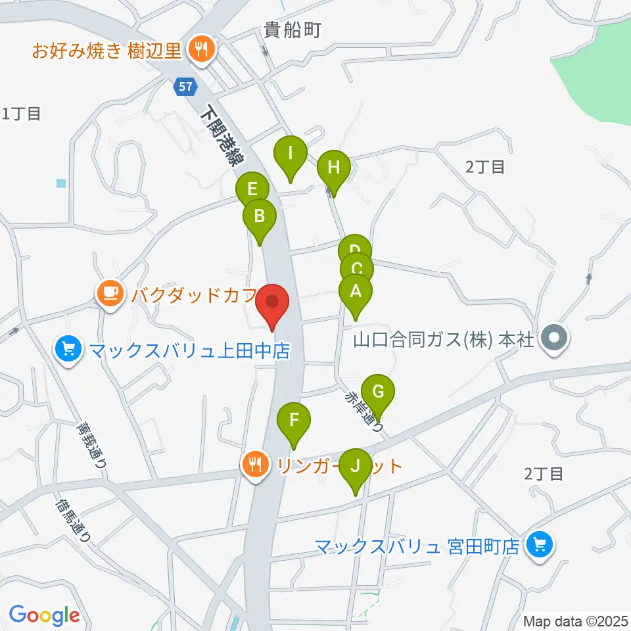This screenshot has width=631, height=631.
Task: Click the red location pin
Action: pos(273,305)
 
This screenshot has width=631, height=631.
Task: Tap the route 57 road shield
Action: pos(185,85)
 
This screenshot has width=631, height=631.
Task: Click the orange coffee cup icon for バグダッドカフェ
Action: pos(110,292)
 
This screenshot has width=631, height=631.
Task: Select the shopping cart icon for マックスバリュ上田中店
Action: pos(68,349)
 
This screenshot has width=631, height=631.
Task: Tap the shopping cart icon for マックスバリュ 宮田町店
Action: pos(540,544)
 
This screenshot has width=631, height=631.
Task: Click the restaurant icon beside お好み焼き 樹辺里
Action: pos(199,49)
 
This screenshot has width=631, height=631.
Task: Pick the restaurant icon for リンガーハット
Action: pos(254,465)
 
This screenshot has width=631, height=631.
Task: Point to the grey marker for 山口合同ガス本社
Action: pos(554,340)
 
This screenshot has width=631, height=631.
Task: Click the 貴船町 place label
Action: pos(292,30)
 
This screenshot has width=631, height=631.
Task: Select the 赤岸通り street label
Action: pos(363,411)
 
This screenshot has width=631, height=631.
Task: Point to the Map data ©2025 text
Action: pos(574,620)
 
